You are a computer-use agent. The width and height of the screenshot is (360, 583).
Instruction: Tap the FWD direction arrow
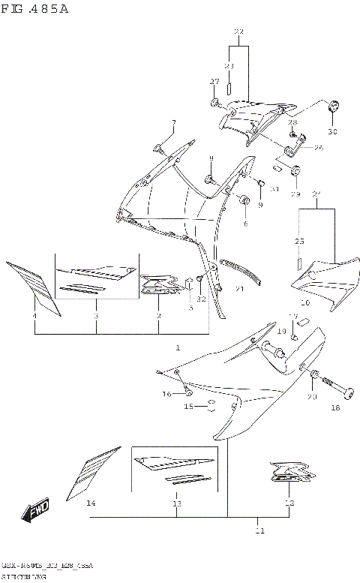[x=35, y=512]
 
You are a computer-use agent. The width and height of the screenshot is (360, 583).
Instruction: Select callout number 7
[x=172, y=123]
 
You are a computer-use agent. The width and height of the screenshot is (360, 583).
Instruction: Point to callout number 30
[x=332, y=132]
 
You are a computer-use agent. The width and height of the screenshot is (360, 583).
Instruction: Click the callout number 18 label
[x=335, y=408]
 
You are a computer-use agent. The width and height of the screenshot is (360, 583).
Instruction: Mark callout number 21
[x=240, y=288]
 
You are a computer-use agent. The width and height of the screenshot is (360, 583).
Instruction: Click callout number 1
[x=178, y=347]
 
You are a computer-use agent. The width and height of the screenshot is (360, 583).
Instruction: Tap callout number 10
[x=304, y=302]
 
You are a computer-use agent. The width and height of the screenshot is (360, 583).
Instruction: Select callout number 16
[x=167, y=393]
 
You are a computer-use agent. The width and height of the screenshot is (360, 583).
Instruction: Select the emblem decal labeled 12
[x=286, y=476]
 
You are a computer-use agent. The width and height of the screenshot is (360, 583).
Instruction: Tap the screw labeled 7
[x=160, y=146]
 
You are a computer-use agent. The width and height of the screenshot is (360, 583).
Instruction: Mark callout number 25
[x=299, y=241]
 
